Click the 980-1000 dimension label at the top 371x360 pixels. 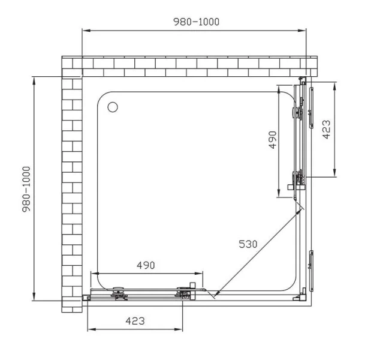[x=196, y=22]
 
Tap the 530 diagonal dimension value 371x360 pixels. [x=248, y=244]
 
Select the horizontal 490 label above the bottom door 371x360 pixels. [x=146, y=265]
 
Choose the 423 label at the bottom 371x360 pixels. [x=135, y=321]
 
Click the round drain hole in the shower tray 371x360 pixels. [x=112, y=107]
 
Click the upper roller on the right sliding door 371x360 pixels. [x=295, y=112]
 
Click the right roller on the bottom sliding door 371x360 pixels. [x=183, y=293]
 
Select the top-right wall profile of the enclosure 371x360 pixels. [x=304, y=79]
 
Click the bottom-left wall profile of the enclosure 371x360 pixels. [x=85, y=298]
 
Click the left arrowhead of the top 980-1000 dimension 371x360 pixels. [x=85, y=31]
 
